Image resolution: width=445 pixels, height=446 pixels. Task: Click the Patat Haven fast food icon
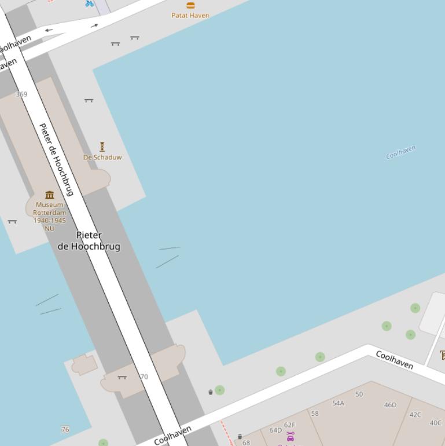pyautogui.click(x=190, y=5)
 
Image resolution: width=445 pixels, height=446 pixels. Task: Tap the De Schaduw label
pyautogui.click(x=102, y=157)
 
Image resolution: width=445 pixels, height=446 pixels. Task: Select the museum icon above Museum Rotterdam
pyautogui.click(x=50, y=195)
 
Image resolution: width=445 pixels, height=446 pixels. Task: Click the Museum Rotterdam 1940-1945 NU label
pyautogui.click(x=50, y=216)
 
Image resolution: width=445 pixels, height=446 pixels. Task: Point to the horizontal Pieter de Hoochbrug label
pyautogui.click(x=89, y=240)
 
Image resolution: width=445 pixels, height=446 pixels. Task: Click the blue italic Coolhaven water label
pyautogui.click(x=401, y=152)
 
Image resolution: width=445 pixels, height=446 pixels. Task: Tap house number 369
pyautogui.click(x=21, y=94)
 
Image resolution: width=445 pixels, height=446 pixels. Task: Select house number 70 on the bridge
pyautogui.click(x=144, y=376)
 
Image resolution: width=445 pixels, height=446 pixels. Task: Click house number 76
pyautogui.click(x=65, y=429)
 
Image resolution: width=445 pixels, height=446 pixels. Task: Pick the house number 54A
pyautogui.click(x=338, y=403)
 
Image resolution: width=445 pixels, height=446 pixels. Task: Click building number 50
pyautogui.click(x=359, y=394)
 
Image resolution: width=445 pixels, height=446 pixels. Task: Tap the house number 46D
pyautogui.click(x=391, y=405)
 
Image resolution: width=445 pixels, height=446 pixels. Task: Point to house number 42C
pyautogui.click(x=415, y=415)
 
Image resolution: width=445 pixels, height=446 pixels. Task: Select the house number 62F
pyautogui.click(x=289, y=425)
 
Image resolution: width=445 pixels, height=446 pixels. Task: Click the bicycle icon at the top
pyautogui.click(x=89, y=3)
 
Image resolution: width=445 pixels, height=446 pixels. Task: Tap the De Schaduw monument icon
pyautogui.click(x=102, y=147)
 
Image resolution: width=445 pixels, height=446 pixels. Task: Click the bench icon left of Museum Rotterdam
pyautogui.click(x=12, y=221)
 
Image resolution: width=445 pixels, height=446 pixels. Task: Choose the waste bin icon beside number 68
pyautogui.click(x=240, y=437)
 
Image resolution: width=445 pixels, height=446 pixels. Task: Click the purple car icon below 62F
pyautogui.click(x=290, y=437)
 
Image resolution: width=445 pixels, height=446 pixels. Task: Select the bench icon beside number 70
pyautogui.click(x=122, y=377)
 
